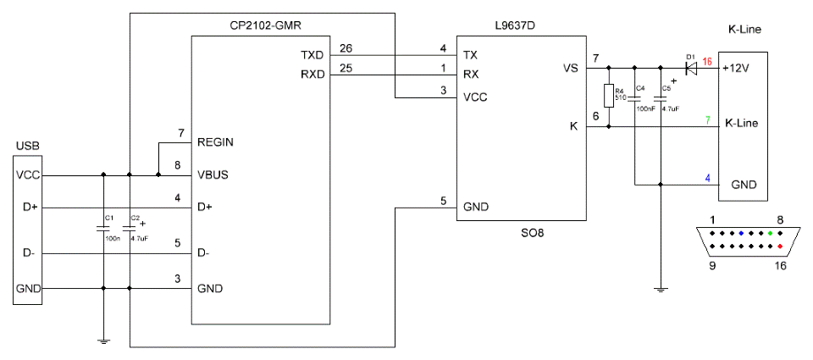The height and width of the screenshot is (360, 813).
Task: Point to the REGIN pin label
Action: click(216, 143)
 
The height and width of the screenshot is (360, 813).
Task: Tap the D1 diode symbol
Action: click(692, 66)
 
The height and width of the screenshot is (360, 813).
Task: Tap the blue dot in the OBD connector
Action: click(741, 233)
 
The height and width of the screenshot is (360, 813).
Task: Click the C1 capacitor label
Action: click(108, 218)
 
